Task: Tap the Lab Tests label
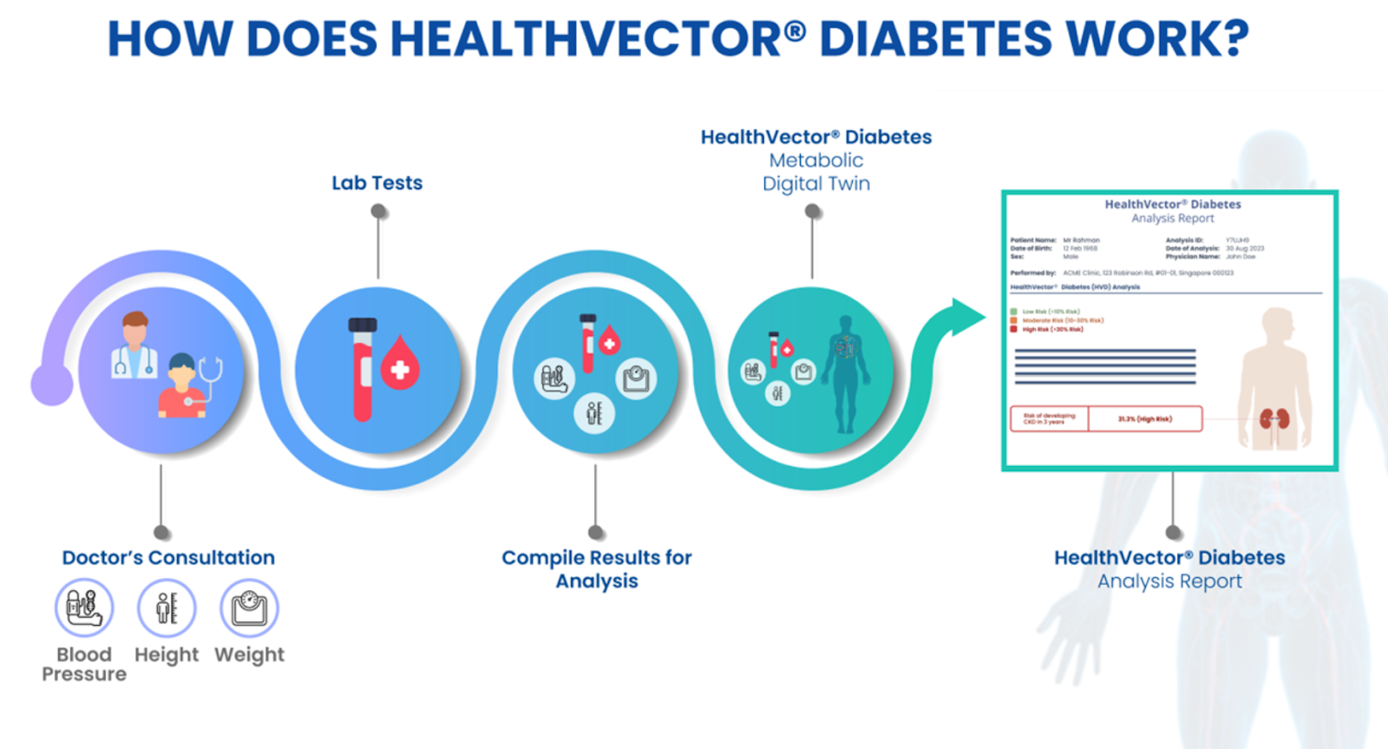tap(376, 183)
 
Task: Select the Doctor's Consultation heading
tap(168, 557)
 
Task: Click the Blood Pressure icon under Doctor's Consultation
tap(84, 608)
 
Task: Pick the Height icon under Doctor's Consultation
tap(167, 608)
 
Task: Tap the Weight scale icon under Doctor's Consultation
tap(249, 608)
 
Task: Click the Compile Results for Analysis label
tap(597, 568)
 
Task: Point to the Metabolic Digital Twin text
tap(816, 172)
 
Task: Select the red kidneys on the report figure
tap(1274, 419)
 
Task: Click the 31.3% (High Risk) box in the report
tap(1145, 419)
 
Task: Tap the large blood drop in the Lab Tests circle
tap(400, 364)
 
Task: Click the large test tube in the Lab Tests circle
tap(363, 369)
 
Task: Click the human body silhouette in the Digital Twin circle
tap(845, 373)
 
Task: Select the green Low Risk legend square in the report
tap(1013, 311)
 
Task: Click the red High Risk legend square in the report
tap(1013, 329)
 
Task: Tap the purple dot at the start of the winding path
tap(51, 384)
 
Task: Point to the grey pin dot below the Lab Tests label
tap(378, 211)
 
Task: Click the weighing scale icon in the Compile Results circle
tap(636, 378)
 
